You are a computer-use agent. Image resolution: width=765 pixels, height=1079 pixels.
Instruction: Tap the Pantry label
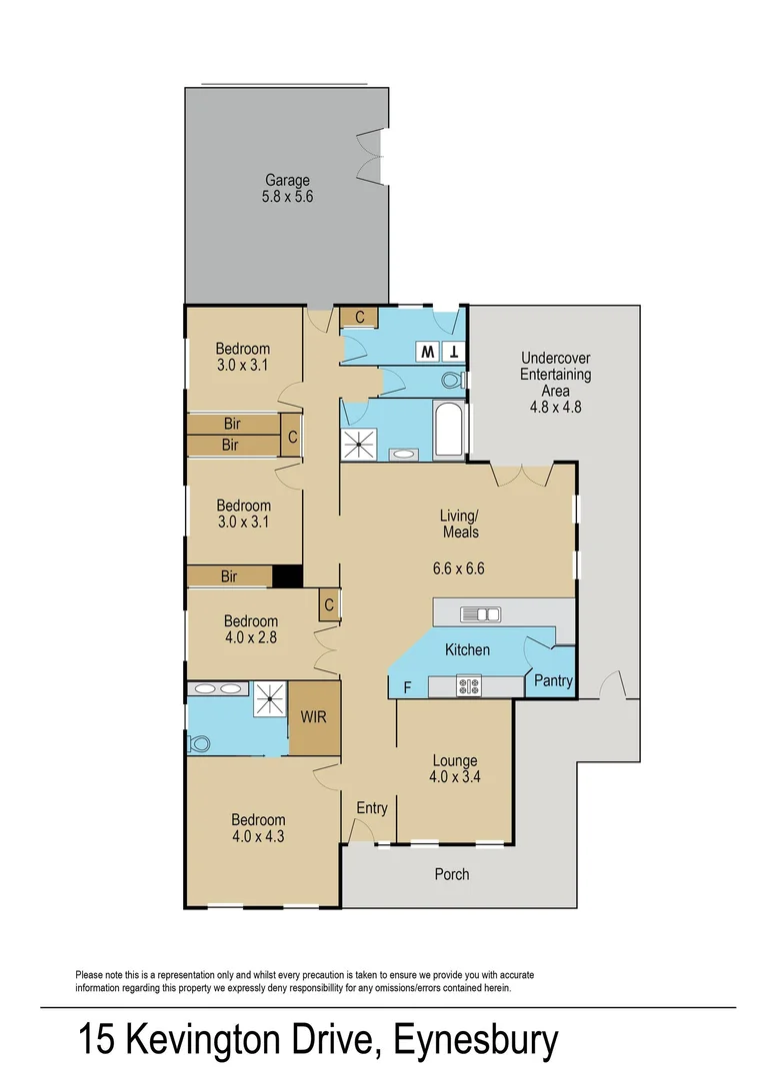[x=553, y=680]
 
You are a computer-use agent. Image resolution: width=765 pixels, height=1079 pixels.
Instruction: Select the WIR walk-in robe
[x=314, y=717]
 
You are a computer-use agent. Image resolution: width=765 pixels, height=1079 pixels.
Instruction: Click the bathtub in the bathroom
[x=449, y=430]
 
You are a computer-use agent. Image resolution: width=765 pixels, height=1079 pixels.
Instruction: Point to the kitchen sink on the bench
[x=481, y=614]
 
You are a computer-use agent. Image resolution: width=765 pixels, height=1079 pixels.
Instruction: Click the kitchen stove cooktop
[x=469, y=686]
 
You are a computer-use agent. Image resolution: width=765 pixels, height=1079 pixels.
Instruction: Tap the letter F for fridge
[x=407, y=687]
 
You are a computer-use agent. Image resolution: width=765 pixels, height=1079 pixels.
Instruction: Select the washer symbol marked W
[x=428, y=352]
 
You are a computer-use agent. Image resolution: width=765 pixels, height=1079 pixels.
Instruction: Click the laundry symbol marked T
[x=454, y=352]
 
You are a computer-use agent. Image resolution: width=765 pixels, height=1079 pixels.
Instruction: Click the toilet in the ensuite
[x=198, y=743]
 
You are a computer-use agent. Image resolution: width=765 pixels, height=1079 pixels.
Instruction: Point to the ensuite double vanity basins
[x=218, y=688]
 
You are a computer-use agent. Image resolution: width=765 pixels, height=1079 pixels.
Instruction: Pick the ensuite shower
[x=270, y=699]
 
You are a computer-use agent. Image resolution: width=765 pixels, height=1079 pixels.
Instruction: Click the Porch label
[x=452, y=874]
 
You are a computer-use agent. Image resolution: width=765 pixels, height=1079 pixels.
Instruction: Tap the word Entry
[x=372, y=808]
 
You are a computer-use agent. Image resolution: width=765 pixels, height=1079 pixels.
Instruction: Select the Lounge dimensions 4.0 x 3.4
[x=454, y=777]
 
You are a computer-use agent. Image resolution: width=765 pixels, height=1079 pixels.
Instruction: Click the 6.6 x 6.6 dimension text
[x=459, y=569]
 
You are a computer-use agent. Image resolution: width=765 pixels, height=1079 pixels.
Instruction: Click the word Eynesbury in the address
[x=476, y=1041]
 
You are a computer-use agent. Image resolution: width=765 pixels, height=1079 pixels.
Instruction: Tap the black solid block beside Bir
[x=288, y=576]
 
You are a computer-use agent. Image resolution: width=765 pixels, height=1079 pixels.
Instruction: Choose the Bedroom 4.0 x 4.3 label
[x=258, y=828]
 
